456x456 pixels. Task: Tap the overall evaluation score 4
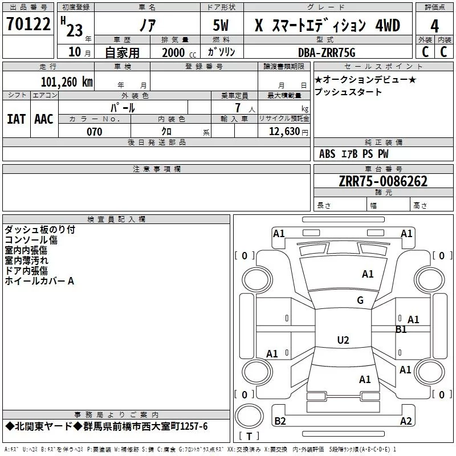434,26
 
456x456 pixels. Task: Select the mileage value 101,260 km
66,82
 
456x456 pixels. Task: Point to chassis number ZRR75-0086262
382,181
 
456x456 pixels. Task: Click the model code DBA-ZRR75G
327,52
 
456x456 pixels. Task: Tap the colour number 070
94,132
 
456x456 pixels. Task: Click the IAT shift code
16,119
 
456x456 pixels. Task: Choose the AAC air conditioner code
43,119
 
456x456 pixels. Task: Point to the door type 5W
221,26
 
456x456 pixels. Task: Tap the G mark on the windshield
360,300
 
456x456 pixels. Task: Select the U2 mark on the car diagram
343,340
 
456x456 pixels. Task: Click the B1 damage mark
401,329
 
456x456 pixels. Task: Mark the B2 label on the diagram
280,421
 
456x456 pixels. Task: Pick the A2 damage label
406,421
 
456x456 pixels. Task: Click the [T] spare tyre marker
249,437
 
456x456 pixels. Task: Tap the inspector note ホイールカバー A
39,281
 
